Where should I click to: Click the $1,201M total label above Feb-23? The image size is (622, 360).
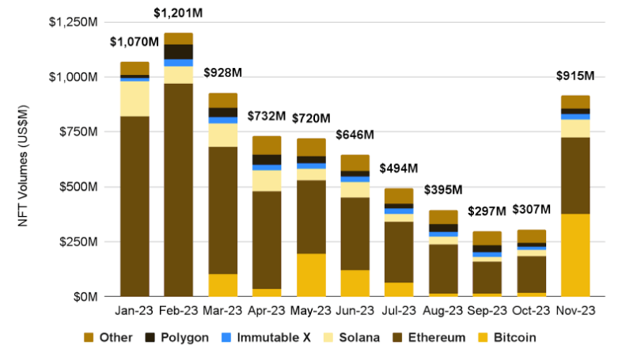[x=178, y=13]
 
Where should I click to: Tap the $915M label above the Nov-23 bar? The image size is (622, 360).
[x=576, y=76]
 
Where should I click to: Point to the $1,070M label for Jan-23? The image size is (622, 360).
[x=134, y=41]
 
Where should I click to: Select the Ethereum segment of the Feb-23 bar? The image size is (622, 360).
[x=178, y=189]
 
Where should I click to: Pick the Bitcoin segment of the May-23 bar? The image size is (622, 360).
[x=311, y=275]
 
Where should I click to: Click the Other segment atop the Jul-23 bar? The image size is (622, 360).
[x=400, y=195]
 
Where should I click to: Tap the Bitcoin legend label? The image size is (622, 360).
[x=516, y=338]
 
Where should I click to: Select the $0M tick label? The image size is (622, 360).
[x=82, y=297]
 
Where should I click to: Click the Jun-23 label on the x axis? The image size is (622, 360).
[x=355, y=311]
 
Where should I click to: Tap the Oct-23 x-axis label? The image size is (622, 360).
[x=532, y=311]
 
